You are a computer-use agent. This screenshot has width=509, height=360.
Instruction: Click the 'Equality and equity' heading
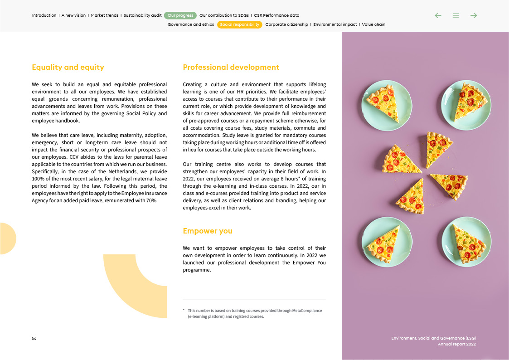[x=68, y=68]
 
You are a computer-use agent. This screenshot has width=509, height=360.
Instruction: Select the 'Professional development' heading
[x=231, y=68]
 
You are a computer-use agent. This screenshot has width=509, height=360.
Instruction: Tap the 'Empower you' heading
[x=208, y=231]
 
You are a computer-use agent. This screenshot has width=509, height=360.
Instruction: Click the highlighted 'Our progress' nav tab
[x=180, y=15]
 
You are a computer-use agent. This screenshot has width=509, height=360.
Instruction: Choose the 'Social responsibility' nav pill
[x=240, y=24]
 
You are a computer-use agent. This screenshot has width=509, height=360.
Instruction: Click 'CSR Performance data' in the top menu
[x=276, y=15]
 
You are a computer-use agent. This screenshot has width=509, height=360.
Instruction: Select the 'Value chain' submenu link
[x=373, y=24]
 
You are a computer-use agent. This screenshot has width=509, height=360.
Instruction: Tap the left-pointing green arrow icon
[x=438, y=15]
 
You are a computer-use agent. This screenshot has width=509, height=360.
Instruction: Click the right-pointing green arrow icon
[x=474, y=15]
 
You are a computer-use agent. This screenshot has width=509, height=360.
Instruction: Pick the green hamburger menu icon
[x=456, y=15]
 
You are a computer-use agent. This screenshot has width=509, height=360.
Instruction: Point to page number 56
[x=34, y=338]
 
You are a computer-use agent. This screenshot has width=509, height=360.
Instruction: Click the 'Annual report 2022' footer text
[x=456, y=344]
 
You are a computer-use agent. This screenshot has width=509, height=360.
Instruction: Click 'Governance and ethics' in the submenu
[x=191, y=24]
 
